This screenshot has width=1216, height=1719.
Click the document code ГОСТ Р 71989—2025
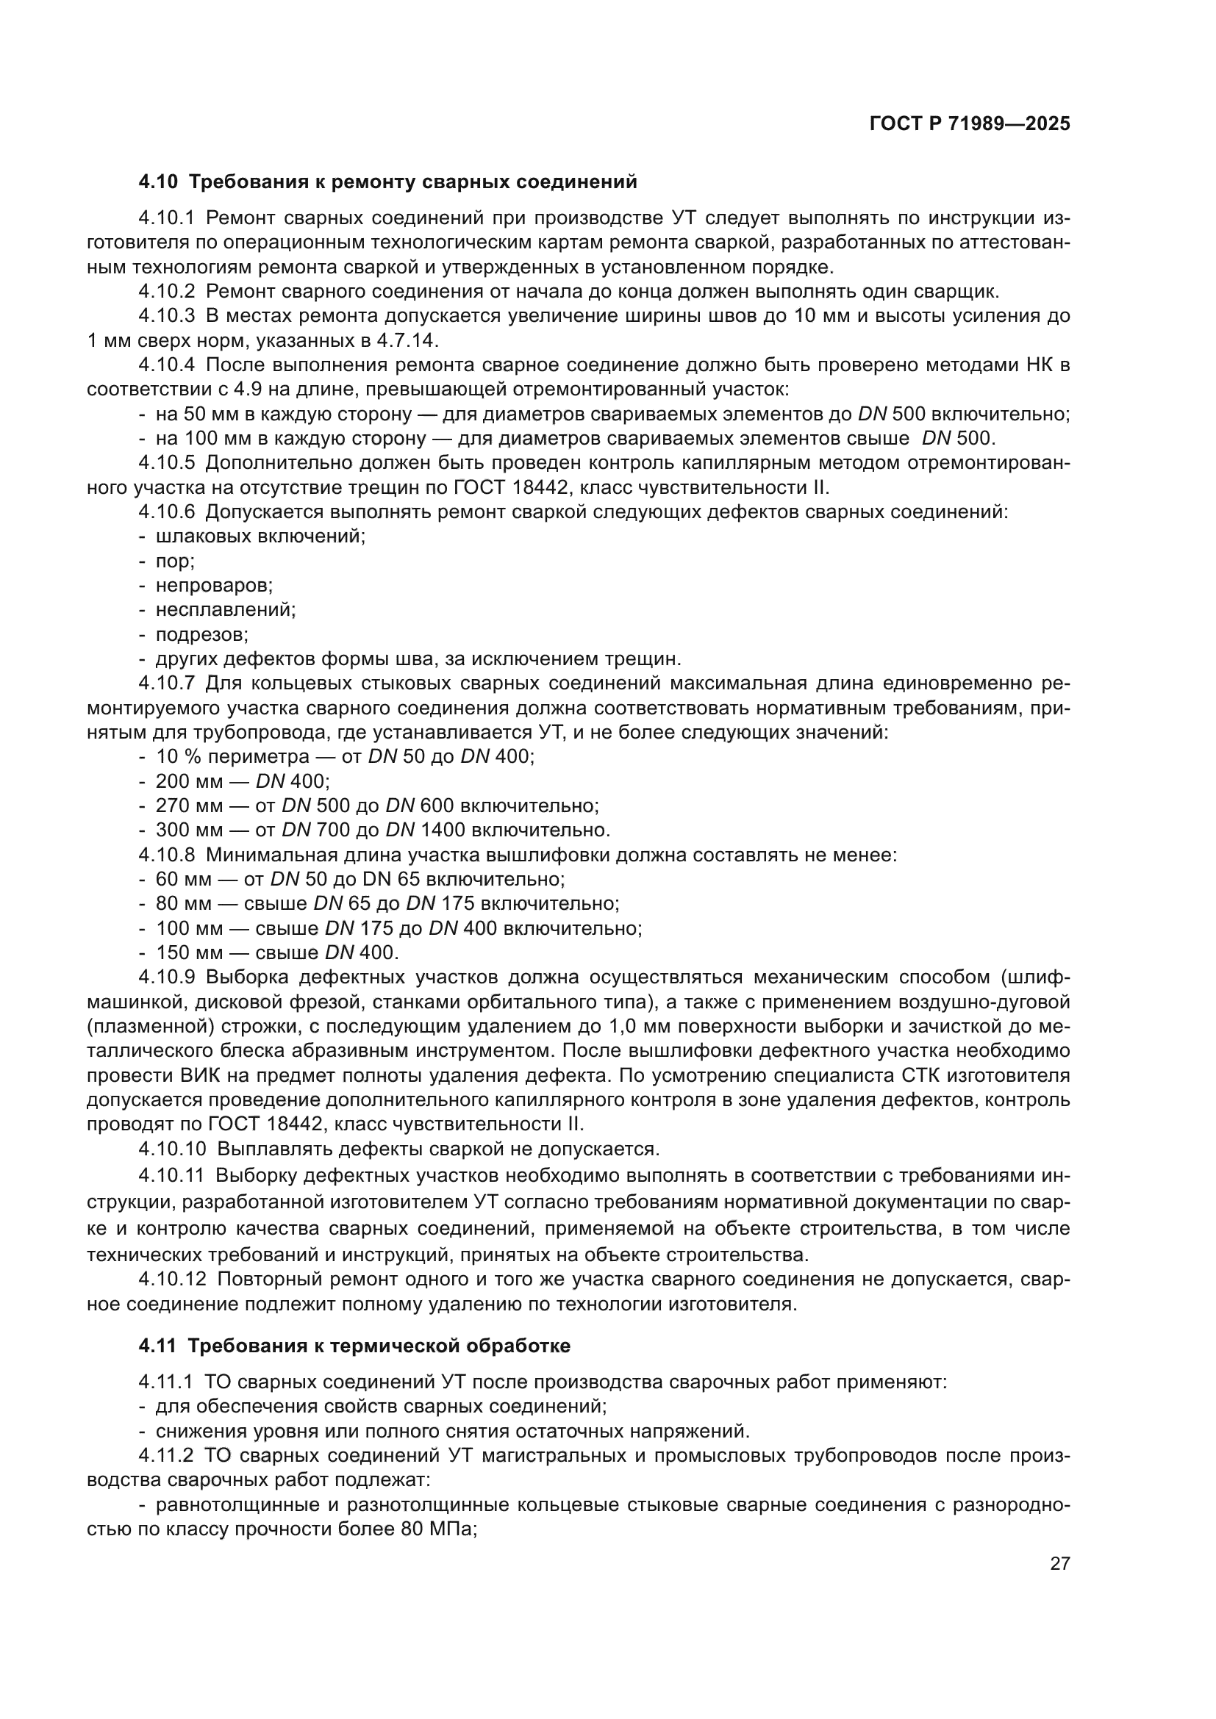pyautogui.click(x=970, y=124)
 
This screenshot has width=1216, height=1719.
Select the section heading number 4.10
pyautogui.click(x=158, y=182)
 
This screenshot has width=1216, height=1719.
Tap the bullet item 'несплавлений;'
pyautogui.click(x=226, y=609)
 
